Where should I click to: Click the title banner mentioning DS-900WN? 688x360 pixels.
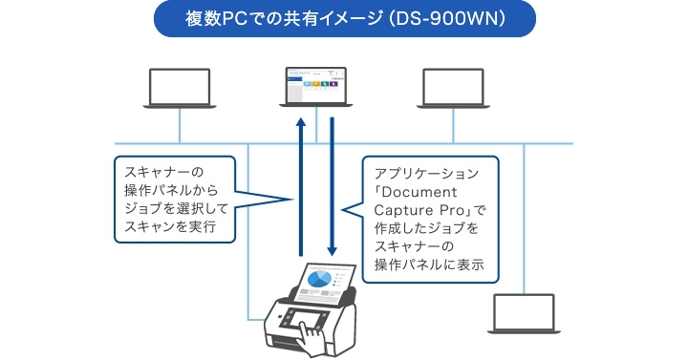[x=343, y=20]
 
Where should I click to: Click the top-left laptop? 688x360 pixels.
[x=179, y=88]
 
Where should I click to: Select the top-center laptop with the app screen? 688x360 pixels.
[x=316, y=88]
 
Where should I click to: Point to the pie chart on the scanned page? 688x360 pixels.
[x=320, y=278]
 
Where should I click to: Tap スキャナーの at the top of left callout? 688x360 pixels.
[x=159, y=173]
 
